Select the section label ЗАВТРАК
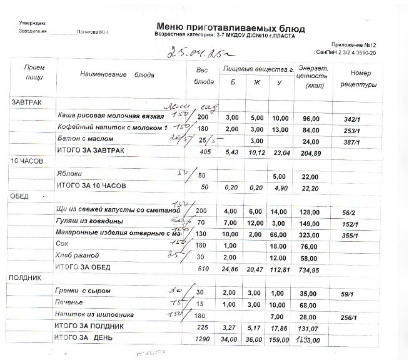(26, 101)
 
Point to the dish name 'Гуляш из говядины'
(89, 221)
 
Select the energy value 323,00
(311, 233)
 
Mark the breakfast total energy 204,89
(311, 152)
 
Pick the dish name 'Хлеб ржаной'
(77, 256)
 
